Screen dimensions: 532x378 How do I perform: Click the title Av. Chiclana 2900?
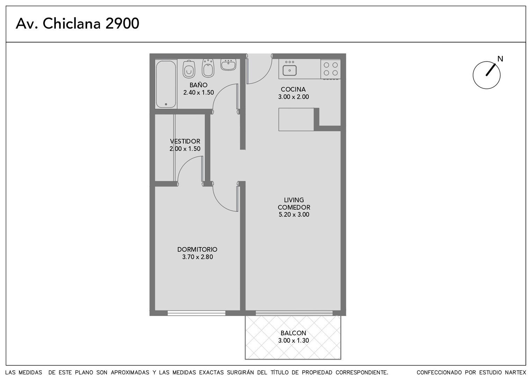point(78,23)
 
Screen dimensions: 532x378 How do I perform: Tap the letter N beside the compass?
point(500,59)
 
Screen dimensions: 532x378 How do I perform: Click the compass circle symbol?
point(486,75)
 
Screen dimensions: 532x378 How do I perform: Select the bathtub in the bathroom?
point(166,84)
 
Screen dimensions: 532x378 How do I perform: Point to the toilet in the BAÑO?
point(189,69)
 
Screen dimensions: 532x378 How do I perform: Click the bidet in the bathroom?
point(208,68)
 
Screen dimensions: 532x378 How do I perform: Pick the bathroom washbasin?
point(228,64)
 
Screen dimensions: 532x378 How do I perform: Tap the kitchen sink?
point(290,70)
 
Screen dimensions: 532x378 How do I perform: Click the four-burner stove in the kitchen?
point(330,69)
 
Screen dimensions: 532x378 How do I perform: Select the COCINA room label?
point(293,89)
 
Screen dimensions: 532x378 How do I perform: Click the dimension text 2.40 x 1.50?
point(198,92)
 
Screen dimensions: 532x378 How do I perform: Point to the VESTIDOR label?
point(185,141)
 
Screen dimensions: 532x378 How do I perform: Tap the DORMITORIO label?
point(197,250)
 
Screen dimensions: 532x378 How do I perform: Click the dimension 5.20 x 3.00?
point(294,215)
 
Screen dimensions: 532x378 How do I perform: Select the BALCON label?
point(293,333)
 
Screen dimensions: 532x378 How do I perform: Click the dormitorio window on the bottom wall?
point(196,313)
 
